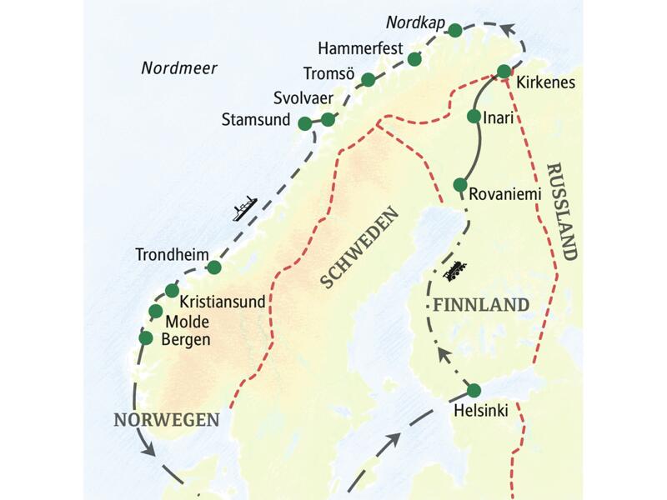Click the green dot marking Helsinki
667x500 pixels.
474,390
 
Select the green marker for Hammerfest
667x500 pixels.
415,58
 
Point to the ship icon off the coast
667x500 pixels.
243,208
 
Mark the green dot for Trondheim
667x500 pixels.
214,267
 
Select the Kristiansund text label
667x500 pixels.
223,302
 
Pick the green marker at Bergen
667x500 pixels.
146,338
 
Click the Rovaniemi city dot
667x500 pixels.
459,184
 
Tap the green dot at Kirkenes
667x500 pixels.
504,72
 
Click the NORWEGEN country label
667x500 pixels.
167,419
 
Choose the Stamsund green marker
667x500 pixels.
305,122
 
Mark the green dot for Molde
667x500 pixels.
155,312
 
